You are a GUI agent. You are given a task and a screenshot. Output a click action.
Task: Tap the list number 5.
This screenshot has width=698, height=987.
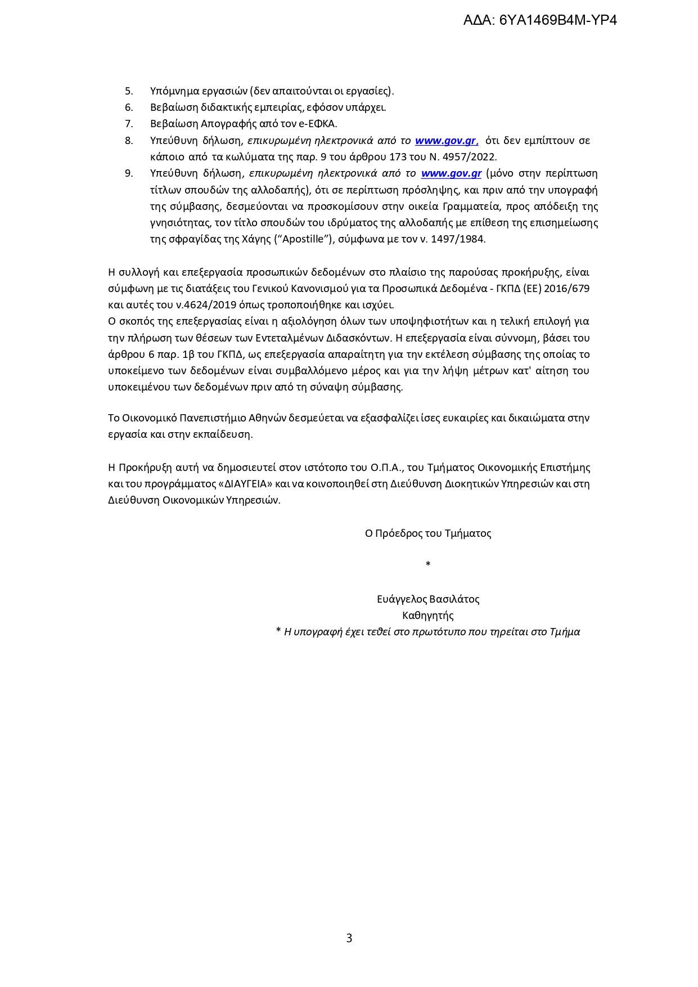pyautogui.click(x=129, y=91)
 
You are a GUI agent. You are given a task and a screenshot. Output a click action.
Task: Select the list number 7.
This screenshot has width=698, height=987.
pyautogui.click(x=129, y=124)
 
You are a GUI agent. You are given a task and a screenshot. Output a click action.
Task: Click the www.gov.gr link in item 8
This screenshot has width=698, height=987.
pyautogui.click(x=447, y=141)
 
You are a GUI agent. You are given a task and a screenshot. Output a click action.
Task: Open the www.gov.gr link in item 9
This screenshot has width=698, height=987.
pyautogui.click(x=451, y=173)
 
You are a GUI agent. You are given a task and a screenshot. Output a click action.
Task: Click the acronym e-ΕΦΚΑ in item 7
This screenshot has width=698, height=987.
pyautogui.click(x=321, y=124)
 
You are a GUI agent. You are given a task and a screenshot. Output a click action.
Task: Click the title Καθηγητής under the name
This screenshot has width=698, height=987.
pyautogui.click(x=428, y=616)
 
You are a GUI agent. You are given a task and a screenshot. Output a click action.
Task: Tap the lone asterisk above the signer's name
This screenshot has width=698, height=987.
pyautogui.click(x=428, y=564)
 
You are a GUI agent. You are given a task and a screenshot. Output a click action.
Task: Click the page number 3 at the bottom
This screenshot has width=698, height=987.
pyautogui.click(x=349, y=938)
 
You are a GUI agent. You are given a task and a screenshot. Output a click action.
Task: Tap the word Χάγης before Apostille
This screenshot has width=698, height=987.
pyautogui.click(x=256, y=239)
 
